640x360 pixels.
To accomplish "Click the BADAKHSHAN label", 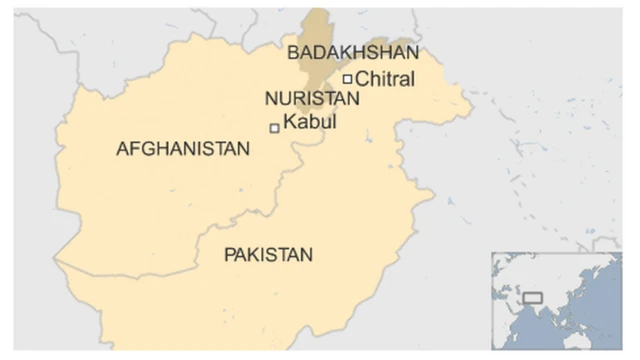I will [352, 53].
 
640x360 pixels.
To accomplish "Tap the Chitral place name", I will [385, 78].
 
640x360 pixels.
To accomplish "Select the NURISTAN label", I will [312, 99].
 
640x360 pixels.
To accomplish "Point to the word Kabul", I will [310, 122].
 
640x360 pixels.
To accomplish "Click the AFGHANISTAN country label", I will [183, 149].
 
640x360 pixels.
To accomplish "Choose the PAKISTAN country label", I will [268, 255].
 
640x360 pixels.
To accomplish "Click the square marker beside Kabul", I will [275, 128].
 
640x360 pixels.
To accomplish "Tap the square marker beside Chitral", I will [347, 79].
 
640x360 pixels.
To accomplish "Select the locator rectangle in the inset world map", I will [532, 298].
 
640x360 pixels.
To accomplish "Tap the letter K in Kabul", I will [290, 122].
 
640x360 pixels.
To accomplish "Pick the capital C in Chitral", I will [362, 78].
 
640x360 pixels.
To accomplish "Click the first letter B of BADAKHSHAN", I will [292, 53].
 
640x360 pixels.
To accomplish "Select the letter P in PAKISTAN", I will [229, 255].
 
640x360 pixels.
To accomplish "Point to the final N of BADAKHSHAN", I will [412, 53].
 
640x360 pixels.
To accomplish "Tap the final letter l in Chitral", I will [411, 78].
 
